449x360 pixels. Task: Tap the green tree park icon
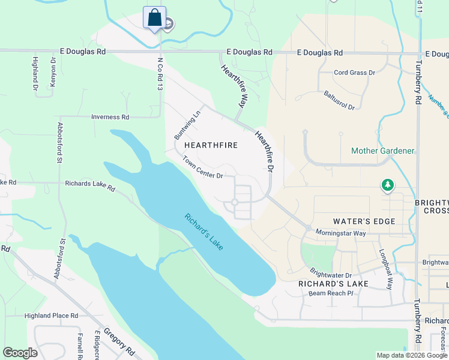point(388,185)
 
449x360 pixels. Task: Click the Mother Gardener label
point(382,151)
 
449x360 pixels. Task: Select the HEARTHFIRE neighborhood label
point(211,145)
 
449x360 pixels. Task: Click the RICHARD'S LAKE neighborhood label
point(324,283)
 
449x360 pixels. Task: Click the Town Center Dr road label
point(203,168)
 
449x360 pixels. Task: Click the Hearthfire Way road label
point(234,86)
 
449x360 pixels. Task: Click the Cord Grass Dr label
point(354,73)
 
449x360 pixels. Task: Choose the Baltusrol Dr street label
point(339,100)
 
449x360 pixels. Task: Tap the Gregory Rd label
point(118,340)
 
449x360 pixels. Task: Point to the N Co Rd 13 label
point(160,74)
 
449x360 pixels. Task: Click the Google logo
point(20,353)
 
